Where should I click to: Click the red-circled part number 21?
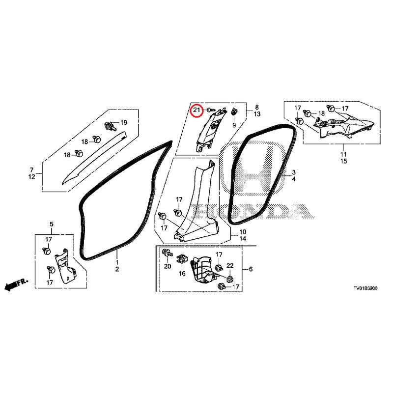click(x=196, y=110)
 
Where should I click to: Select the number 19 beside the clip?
click(x=124, y=122)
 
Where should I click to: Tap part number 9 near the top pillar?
click(x=234, y=125)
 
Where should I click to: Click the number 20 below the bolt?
click(x=168, y=266)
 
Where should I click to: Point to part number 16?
click(x=182, y=273)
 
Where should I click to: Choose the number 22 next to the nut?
click(x=230, y=266)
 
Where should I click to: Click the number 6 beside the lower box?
click(x=251, y=269)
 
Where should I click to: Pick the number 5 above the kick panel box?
click(x=52, y=224)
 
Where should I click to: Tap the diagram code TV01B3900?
click(x=365, y=288)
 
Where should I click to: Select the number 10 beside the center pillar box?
click(x=243, y=232)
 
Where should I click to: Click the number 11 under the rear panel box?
click(x=343, y=154)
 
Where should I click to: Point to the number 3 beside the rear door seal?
click(x=294, y=172)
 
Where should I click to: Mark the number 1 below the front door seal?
click(x=117, y=262)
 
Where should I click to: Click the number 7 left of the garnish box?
click(x=31, y=170)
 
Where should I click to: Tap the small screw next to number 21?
click(x=210, y=110)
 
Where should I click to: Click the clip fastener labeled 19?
click(x=111, y=125)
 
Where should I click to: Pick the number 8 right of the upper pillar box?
click(x=257, y=108)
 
